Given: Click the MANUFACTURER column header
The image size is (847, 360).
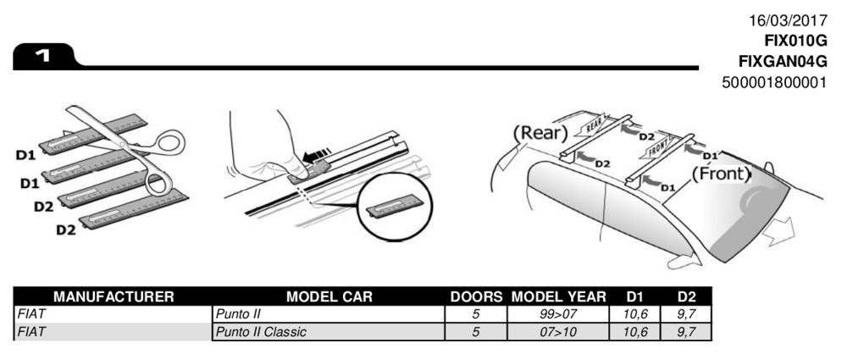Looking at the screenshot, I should (113, 296).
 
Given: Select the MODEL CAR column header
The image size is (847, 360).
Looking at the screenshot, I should (330, 296).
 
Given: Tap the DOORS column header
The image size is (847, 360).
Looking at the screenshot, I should (476, 296).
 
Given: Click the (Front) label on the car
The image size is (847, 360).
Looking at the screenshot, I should (722, 174).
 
